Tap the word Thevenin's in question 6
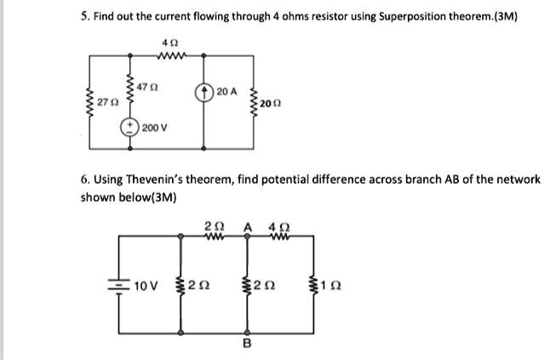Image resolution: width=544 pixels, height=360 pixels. click(x=145, y=180)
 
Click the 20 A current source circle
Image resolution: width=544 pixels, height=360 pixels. click(x=203, y=92)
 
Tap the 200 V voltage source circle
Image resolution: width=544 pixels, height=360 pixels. click(x=131, y=127)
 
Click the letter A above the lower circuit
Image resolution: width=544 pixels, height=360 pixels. click(x=248, y=226)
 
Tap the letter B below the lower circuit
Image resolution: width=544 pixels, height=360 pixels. click(x=248, y=345)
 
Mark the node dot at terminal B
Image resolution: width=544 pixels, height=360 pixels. click(x=248, y=332)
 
